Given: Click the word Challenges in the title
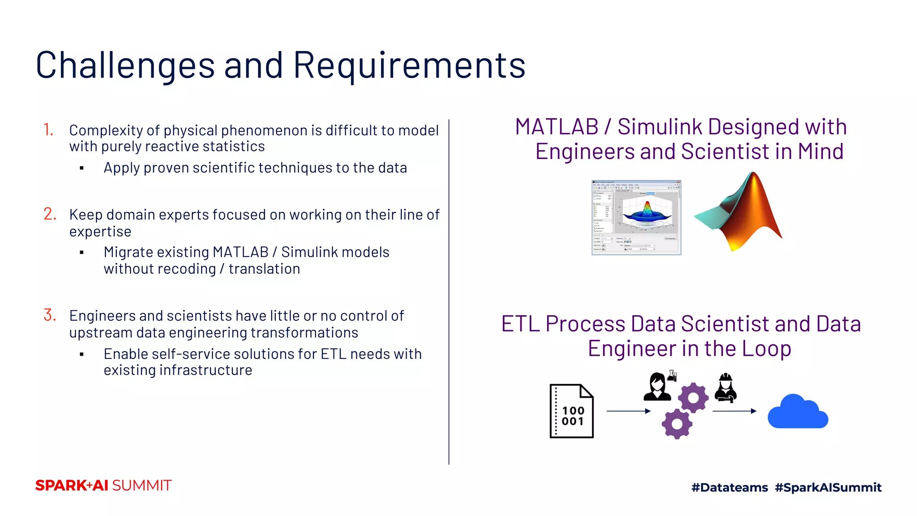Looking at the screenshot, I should (x=125, y=65).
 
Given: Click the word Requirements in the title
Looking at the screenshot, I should (x=409, y=65).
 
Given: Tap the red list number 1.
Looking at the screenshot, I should (x=48, y=130).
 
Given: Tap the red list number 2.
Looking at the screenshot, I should (x=50, y=214).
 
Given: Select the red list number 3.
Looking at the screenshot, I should (x=50, y=315).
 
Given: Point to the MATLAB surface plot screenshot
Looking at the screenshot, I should (x=636, y=218).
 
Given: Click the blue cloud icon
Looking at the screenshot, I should (x=797, y=412).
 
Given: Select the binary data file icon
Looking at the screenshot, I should (x=571, y=411).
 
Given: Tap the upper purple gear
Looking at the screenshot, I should (x=693, y=397).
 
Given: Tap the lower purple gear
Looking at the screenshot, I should (x=677, y=424).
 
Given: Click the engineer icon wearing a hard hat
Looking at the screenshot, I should (x=725, y=387).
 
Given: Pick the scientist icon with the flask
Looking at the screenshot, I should (x=658, y=386).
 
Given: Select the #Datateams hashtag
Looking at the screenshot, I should (x=729, y=487).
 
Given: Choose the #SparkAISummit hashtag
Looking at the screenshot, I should (x=828, y=487).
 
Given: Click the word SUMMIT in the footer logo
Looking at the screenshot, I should (x=141, y=486).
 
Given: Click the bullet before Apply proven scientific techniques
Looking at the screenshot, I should (x=81, y=168).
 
